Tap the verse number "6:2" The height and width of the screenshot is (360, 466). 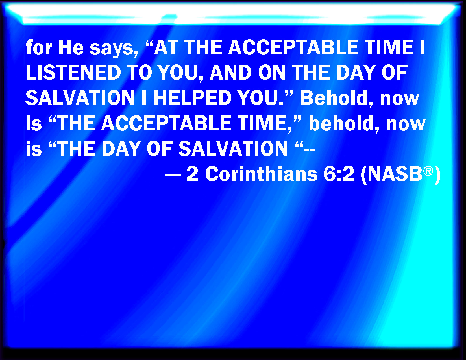pos(339,174)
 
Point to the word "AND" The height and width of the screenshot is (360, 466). pos(230,73)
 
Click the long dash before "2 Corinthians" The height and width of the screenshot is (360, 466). pos(173,175)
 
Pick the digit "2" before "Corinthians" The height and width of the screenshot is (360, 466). pos(192,174)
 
